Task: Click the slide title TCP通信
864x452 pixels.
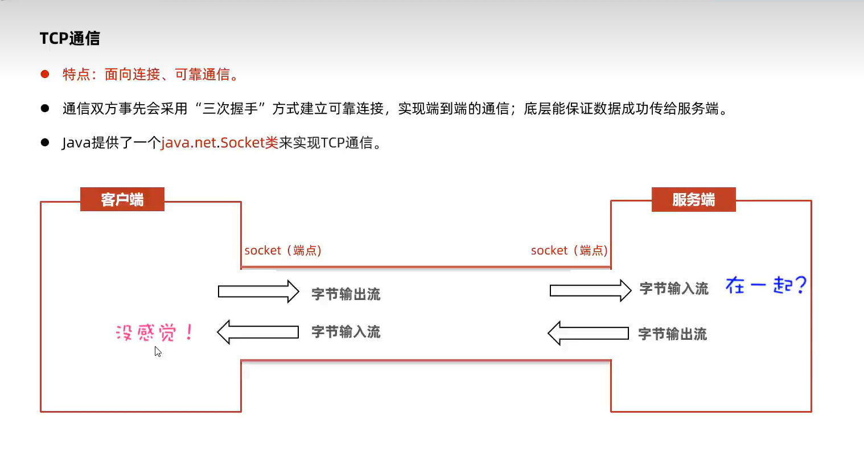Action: click(x=69, y=38)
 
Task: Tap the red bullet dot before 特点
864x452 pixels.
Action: click(x=45, y=74)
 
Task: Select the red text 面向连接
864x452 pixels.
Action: click(x=132, y=74)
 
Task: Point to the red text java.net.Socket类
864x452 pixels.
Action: click(x=220, y=142)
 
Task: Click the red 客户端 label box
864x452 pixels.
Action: click(x=122, y=199)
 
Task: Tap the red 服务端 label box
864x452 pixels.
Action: click(x=693, y=199)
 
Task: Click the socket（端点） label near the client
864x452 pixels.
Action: click(x=283, y=250)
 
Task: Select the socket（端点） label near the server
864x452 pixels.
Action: click(x=569, y=250)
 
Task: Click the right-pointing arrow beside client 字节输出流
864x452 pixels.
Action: click(x=258, y=291)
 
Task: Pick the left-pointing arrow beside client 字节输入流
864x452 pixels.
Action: click(x=258, y=332)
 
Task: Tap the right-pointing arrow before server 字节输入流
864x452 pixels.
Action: click(x=590, y=290)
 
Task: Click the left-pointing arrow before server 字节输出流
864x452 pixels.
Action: click(x=588, y=333)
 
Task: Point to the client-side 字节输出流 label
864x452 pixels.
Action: click(x=345, y=294)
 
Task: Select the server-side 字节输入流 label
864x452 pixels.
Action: click(x=674, y=289)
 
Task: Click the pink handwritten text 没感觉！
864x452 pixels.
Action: click(x=154, y=332)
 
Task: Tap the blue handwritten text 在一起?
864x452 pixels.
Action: click(x=766, y=285)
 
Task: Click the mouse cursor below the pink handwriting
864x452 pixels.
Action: click(x=158, y=351)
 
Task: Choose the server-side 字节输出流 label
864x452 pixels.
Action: click(x=672, y=334)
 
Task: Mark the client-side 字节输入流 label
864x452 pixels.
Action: click(x=345, y=332)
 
